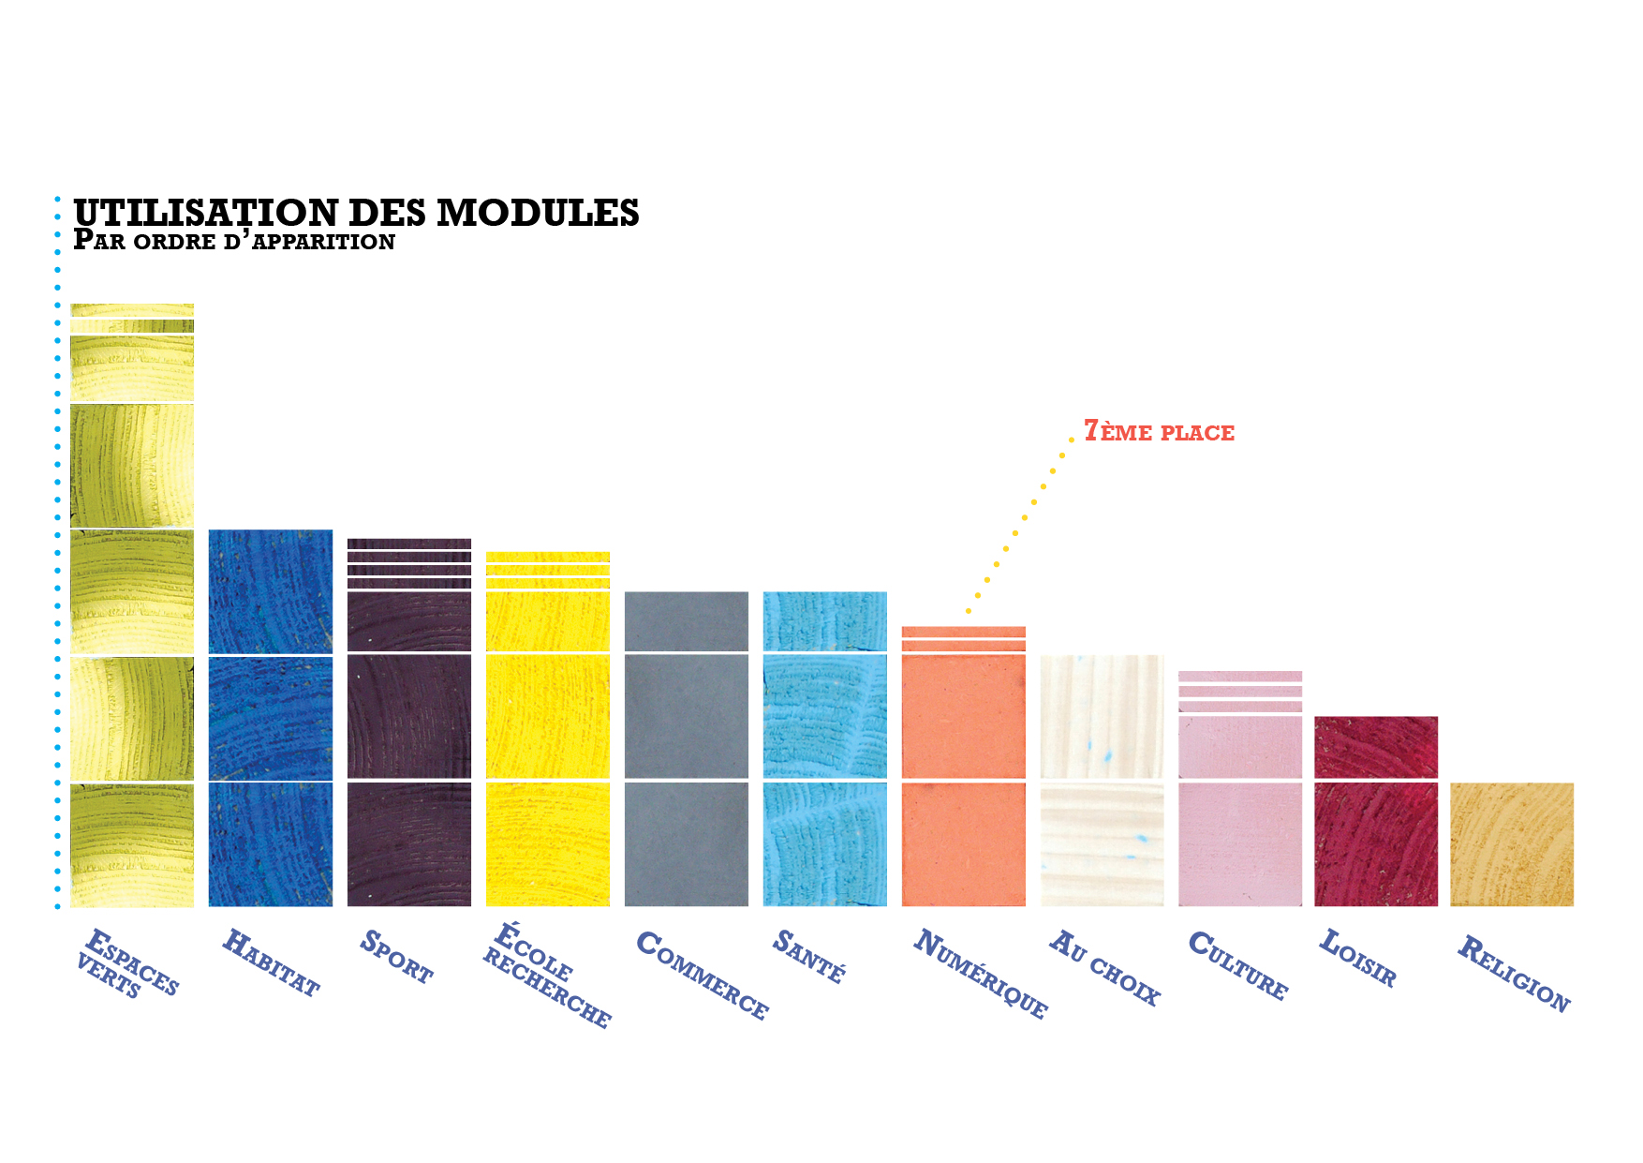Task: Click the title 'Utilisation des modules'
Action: (x=356, y=213)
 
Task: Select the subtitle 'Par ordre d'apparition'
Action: (x=234, y=241)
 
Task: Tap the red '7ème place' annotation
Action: (x=1159, y=432)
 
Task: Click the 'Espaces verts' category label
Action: (x=126, y=963)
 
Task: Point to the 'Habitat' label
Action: (x=271, y=962)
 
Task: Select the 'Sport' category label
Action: (x=396, y=957)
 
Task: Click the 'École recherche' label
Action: (x=547, y=976)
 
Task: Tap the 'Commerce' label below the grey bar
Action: (x=702, y=975)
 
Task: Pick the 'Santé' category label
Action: (x=809, y=956)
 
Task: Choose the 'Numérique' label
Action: (x=980, y=974)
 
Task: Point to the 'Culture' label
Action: (x=1238, y=965)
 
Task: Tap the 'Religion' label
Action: (x=1513, y=974)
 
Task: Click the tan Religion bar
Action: (x=1512, y=844)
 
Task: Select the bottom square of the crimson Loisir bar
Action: (x=1376, y=844)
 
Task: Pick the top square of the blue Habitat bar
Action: (x=271, y=591)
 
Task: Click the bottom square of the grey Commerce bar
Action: (x=687, y=844)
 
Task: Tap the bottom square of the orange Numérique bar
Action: (x=964, y=844)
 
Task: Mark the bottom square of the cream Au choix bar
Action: (x=1103, y=844)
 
